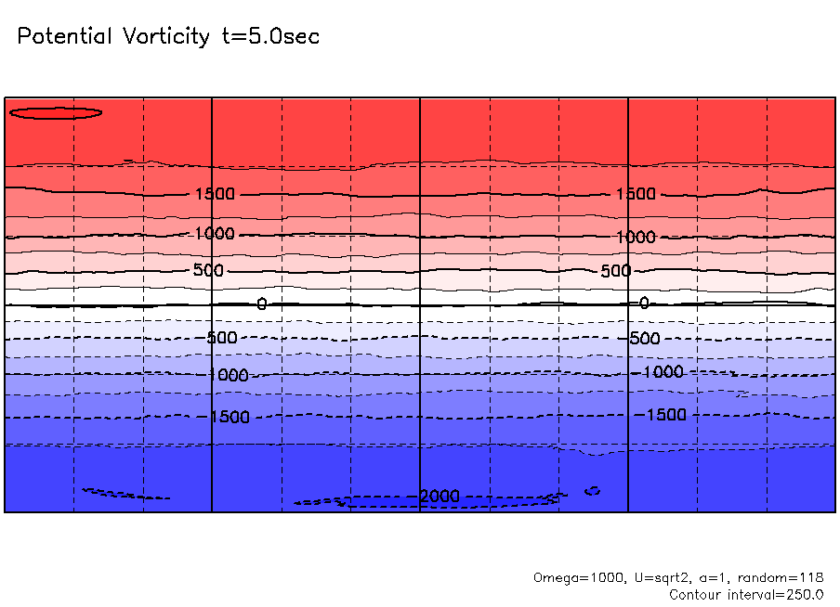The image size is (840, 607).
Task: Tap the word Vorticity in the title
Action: pyautogui.click(x=169, y=37)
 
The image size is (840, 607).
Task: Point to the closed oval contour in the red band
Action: pyautogui.click(x=55, y=113)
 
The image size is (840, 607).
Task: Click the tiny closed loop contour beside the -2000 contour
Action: pyautogui.click(x=592, y=490)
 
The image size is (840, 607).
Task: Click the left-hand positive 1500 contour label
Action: pyautogui.click(x=215, y=194)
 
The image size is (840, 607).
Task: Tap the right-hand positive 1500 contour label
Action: pyautogui.click(x=636, y=194)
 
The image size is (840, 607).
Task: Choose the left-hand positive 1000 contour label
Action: pyautogui.click(x=215, y=234)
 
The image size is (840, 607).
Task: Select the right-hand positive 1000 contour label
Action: pyautogui.click(x=636, y=237)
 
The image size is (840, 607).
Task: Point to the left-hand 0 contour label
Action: pyautogui.click(x=261, y=304)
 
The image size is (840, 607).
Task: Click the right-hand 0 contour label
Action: pyautogui.click(x=644, y=303)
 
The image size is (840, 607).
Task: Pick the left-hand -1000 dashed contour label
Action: pyautogui.click(x=228, y=375)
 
